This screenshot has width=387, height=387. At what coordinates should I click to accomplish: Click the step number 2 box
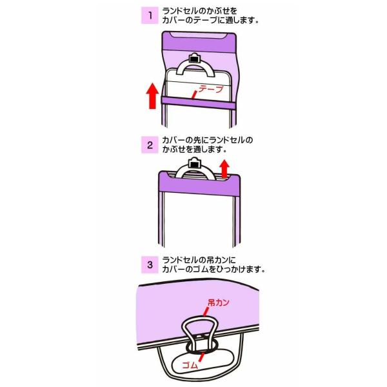click(150, 144)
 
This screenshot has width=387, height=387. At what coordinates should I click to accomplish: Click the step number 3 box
click(150, 263)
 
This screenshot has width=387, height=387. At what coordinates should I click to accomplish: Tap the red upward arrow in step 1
click(152, 95)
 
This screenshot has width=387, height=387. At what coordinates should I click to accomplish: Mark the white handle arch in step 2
click(193, 173)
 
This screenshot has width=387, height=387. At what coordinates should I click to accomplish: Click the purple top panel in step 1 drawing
click(193, 44)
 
